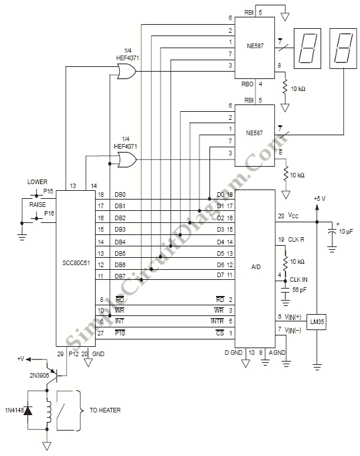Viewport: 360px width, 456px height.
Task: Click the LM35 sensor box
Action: [x=317, y=321]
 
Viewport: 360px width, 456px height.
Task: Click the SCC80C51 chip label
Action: [x=76, y=263]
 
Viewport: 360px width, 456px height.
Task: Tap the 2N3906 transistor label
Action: [x=39, y=375]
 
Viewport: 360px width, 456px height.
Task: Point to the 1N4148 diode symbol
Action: [x=28, y=410]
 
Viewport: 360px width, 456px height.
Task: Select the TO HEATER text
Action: [x=105, y=410]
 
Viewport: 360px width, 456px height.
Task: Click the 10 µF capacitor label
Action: [x=346, y=232]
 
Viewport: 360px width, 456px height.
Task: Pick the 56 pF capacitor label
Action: [x=299, y=290]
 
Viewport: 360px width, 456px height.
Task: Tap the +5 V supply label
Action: [x=320, y=199]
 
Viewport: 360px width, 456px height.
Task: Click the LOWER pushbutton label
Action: [x=37, y=181]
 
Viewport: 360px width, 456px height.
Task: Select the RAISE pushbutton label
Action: [x=37, y=205]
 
